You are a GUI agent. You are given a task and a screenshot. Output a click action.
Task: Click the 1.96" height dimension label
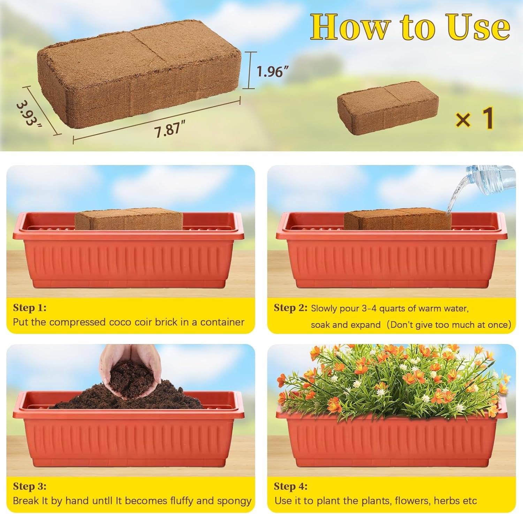273,72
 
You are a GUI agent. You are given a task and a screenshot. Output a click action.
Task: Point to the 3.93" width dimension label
29,114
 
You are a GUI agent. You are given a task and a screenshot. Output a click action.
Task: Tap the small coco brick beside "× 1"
387,110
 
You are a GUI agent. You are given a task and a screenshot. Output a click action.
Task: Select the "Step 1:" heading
30,308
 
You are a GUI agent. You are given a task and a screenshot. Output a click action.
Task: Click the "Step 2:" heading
291,308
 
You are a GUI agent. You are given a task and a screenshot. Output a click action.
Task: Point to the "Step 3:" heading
30,486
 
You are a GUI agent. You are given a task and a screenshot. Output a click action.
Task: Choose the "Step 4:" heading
291,486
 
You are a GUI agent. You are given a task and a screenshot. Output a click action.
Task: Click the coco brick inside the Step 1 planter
129,219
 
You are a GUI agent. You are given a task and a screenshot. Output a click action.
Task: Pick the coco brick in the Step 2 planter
397,219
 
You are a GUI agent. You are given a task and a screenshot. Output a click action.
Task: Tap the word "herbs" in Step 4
441,501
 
